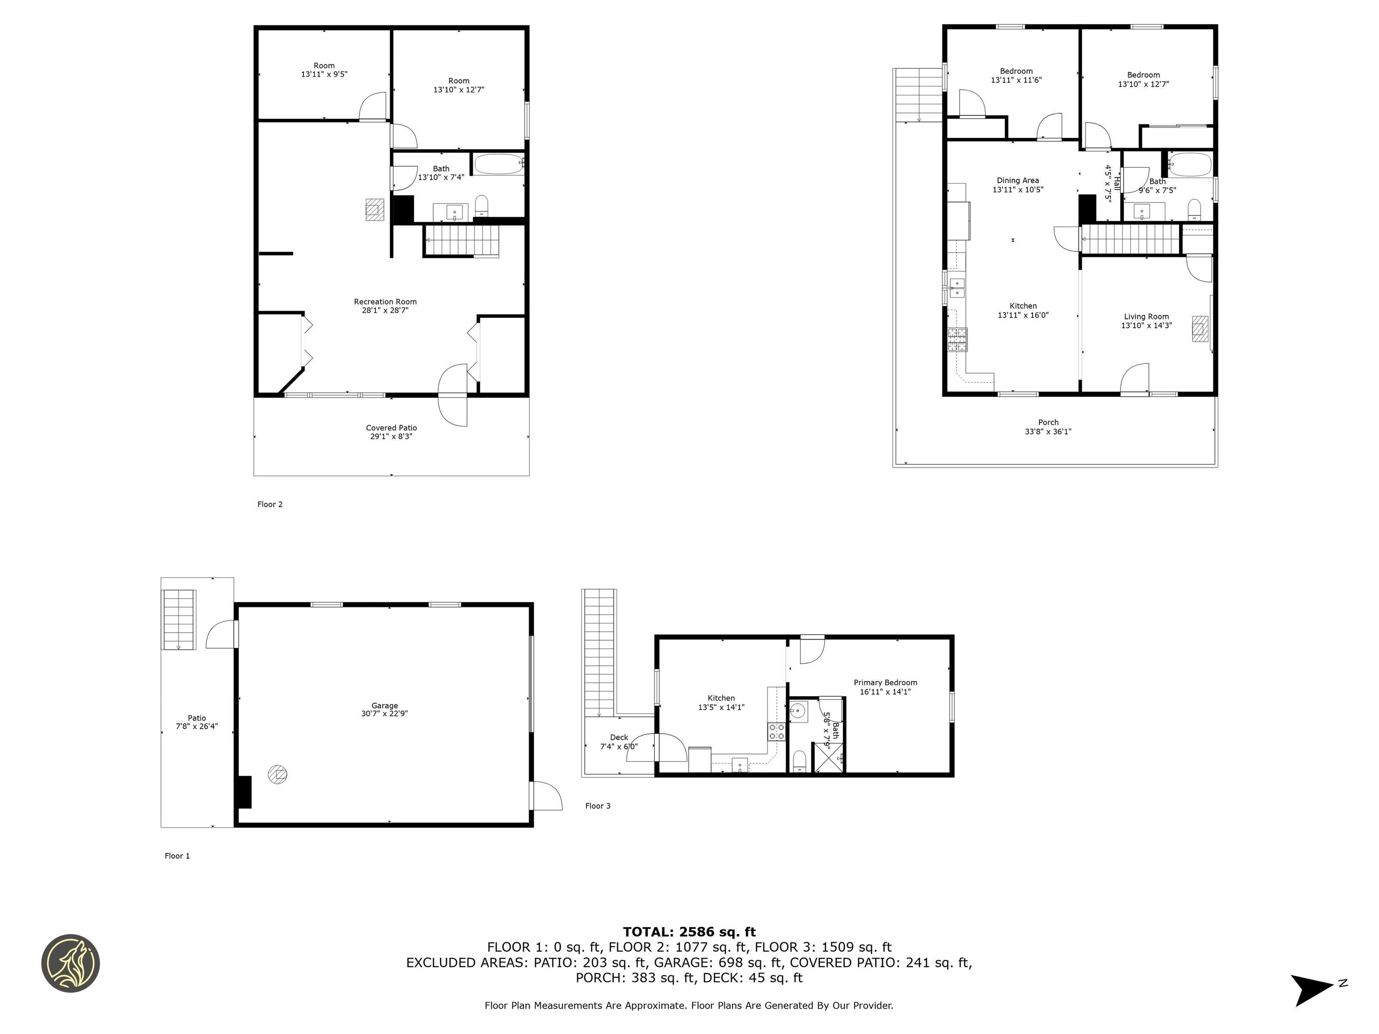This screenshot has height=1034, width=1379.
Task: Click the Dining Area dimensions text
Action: [1018, 189]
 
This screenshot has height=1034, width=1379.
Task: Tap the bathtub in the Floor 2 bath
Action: [499, 164]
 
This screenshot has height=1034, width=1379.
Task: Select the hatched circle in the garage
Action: [277, 774]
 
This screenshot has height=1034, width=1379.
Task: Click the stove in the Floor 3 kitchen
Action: [776, 732]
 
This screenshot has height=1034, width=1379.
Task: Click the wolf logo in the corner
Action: [70, 963]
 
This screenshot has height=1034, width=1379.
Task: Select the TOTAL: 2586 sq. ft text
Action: [689, 932]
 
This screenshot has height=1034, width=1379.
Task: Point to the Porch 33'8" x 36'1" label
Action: [1048, 427]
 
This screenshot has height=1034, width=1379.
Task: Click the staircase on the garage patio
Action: [179, 619]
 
